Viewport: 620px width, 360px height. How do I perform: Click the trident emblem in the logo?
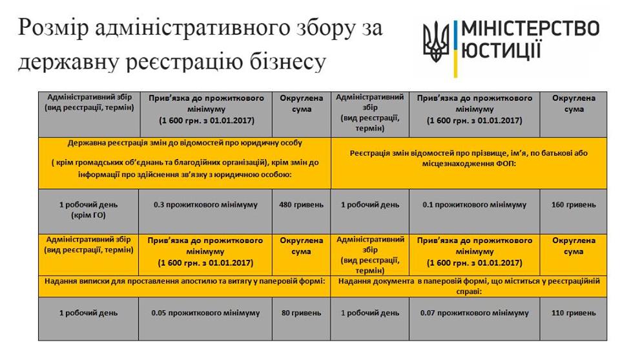(436, 41)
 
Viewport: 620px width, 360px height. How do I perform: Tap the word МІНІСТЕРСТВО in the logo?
(530, 29)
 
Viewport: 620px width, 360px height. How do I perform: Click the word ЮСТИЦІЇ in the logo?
(501, 50)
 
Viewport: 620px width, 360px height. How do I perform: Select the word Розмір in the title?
(53, 28)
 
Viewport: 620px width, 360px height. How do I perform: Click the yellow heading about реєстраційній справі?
(469, 286)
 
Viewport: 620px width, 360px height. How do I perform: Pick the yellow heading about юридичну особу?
(185, 163)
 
